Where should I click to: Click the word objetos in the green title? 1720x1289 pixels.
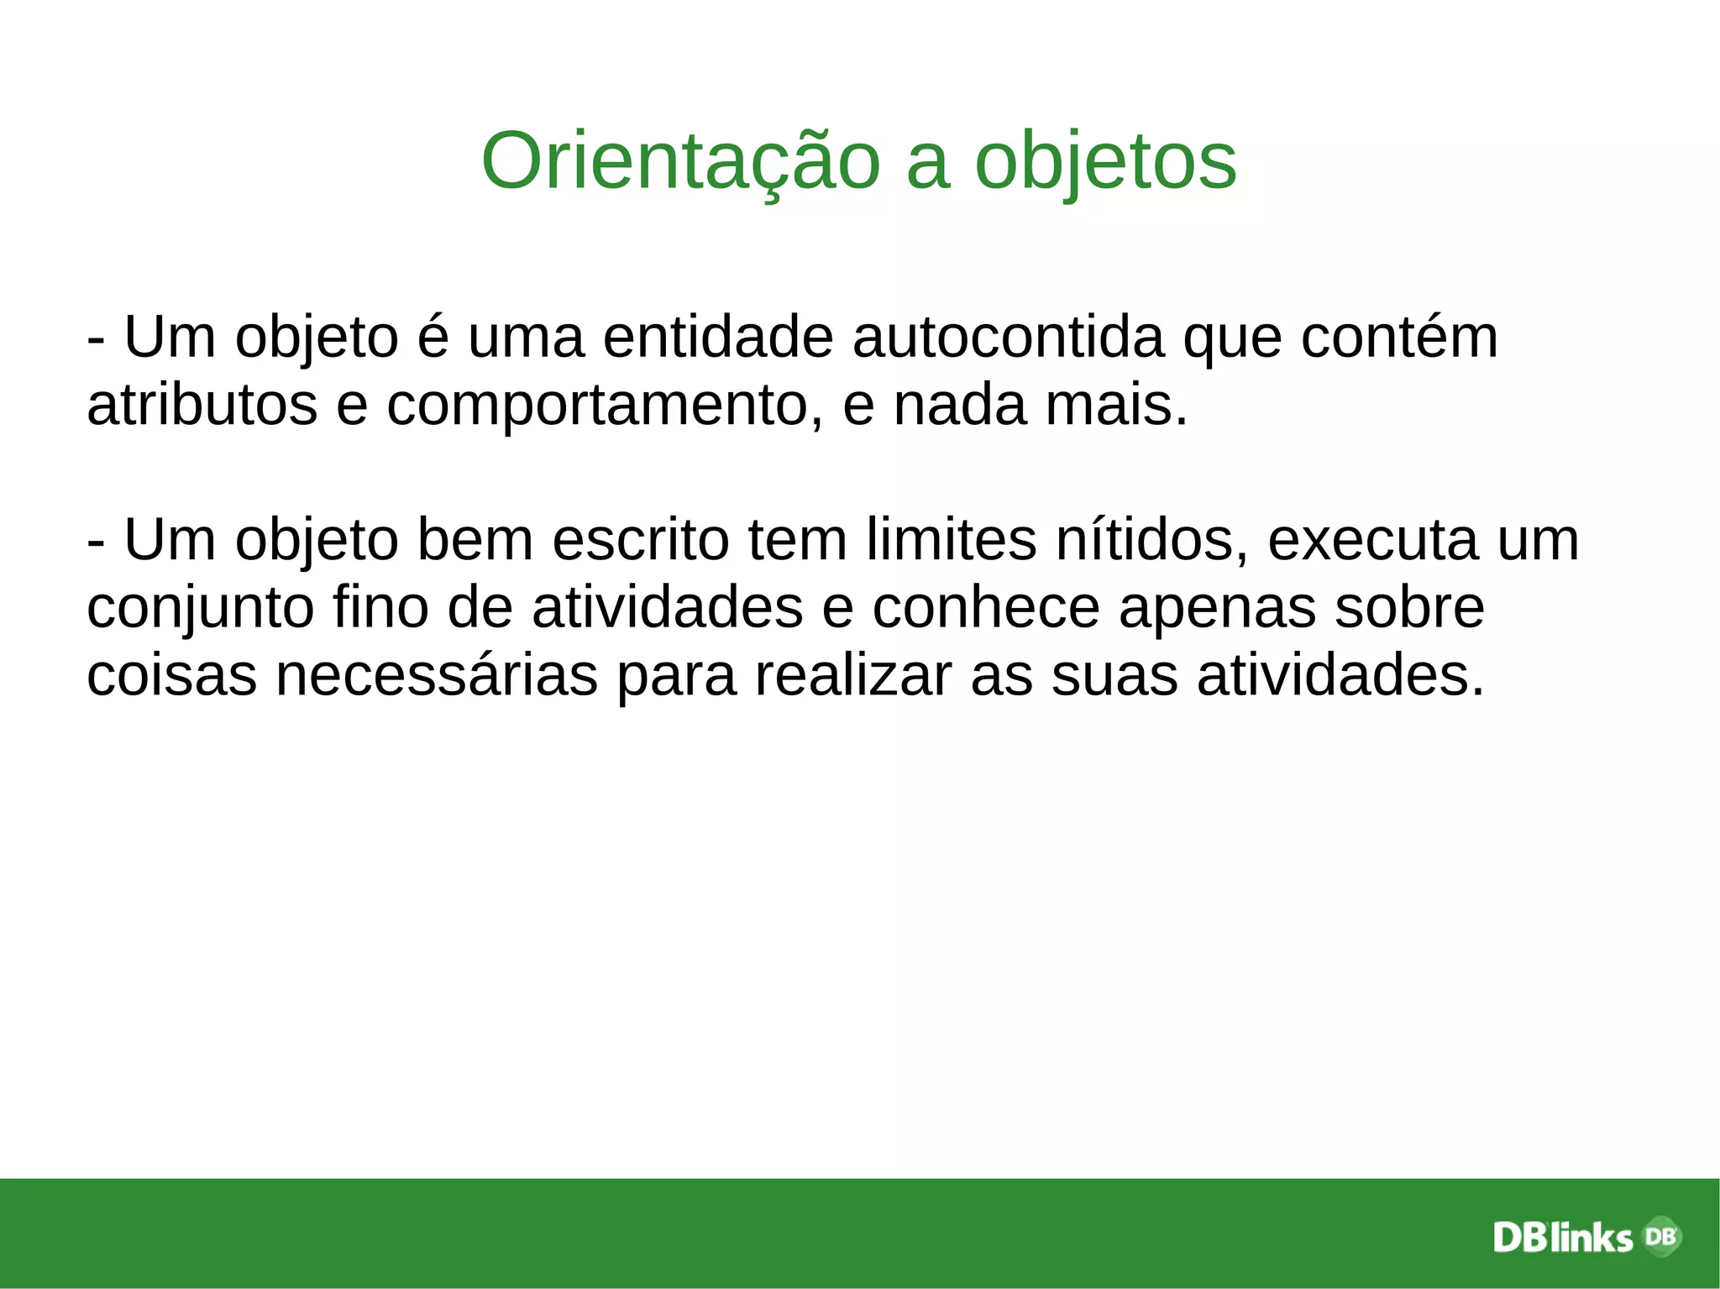tap(1105, 161)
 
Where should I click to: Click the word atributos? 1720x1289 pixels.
tap(202, 405)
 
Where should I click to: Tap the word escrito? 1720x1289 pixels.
tap(641, 540)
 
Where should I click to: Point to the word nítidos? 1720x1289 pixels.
tap(1152, 540)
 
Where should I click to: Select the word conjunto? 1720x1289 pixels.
tap(201, 609)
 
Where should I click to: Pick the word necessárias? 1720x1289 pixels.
tap(437, 676)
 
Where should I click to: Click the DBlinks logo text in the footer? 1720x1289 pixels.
tap(1563, 1238)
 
